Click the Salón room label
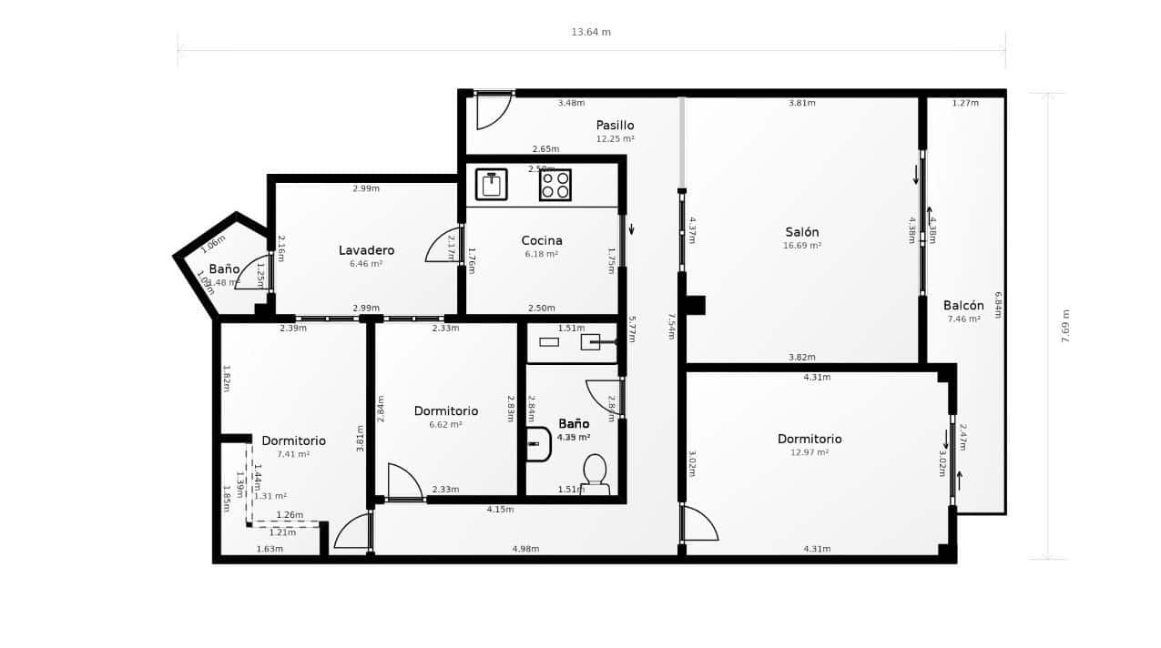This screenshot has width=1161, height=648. [801, 232]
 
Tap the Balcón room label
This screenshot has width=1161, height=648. [963, 306]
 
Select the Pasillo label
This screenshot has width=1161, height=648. [615, 126]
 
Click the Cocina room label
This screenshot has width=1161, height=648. [542, 241]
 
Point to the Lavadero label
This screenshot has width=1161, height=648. [366, 250]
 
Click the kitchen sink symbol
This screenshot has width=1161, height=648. [492, 185]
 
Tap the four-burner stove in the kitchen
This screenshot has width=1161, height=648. [555, 185]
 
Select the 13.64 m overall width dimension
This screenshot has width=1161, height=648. [591, 33]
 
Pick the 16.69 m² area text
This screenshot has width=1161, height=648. [802, 246]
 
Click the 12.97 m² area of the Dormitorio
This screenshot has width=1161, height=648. [809, 452]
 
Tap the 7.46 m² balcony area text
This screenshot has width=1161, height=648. [963, 319]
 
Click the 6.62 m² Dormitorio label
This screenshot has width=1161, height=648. [445, 424]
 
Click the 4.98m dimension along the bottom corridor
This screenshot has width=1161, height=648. [525, 549]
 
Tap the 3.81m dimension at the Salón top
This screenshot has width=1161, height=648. [801, 103]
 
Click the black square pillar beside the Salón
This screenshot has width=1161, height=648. [696, 305]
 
